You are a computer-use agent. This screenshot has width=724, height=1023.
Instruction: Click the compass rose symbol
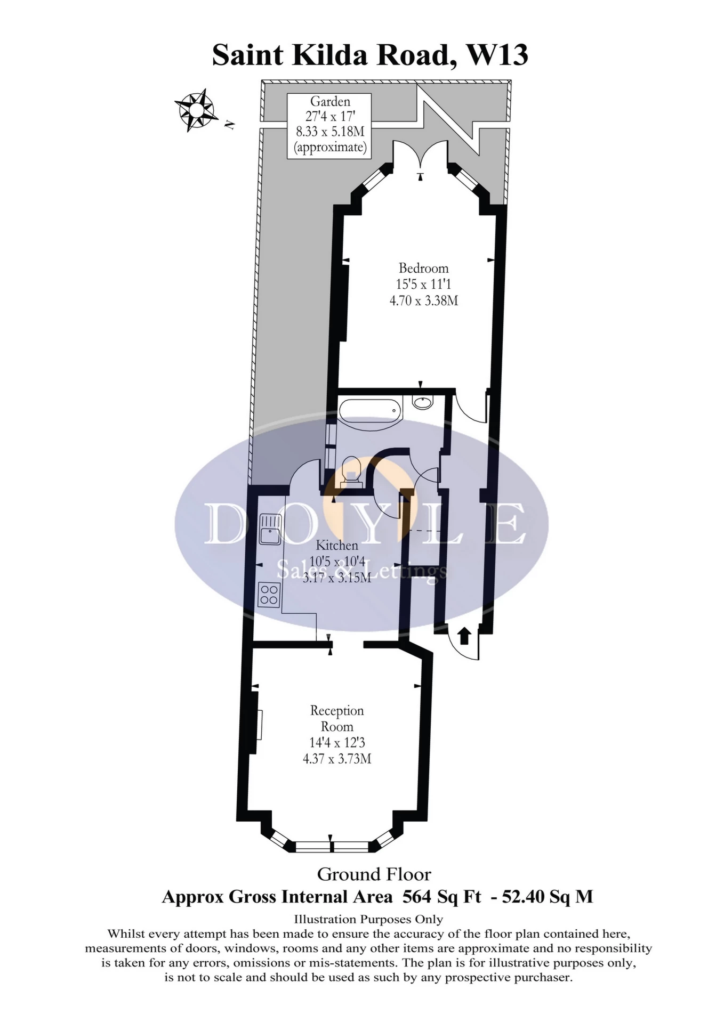click(x=196, y=111)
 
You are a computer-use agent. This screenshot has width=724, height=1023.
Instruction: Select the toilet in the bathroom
click(x=351, y=470)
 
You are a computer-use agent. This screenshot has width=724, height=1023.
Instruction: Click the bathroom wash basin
click(x=423, y=402)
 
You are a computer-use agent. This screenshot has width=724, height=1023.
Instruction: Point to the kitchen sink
click(x=270, y=529)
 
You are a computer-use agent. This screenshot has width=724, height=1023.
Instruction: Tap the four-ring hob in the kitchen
click(x=270, y=595)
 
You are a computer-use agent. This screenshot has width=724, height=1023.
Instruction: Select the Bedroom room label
click(x=423, y=268)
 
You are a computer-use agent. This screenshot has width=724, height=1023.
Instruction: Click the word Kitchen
click(x=337, y=545)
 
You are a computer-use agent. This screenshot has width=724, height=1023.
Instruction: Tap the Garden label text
click(x=330, y=101)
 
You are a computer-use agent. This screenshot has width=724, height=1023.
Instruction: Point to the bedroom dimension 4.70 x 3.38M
click(x=423, y=301)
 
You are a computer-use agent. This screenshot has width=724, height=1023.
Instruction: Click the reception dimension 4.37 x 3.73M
click(x=337, y=758)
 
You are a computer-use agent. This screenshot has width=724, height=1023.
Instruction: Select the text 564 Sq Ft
click(x=441, y=897)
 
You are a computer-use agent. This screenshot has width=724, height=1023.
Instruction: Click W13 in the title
click(x=497, y=55)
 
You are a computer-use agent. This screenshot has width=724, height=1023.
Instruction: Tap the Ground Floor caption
click(x=374, y=874)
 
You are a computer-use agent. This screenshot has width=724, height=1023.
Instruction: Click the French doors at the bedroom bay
click(x=421, y=155)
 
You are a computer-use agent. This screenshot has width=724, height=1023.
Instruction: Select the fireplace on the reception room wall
click(x=259, y=725)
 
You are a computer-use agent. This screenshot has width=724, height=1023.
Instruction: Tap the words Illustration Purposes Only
click(x=368, y=919)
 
